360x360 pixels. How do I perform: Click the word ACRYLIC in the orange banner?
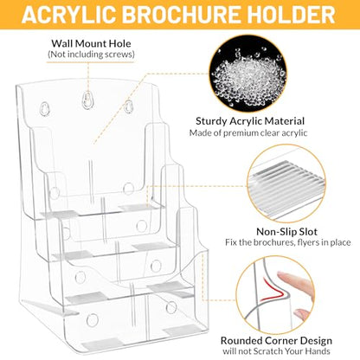pos(68,15)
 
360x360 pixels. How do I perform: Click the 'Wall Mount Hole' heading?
pos(91,43)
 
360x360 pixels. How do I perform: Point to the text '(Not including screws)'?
pos(91,55)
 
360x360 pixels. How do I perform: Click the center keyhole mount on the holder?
pos(87,100)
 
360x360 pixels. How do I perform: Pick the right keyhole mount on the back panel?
pos(128,106)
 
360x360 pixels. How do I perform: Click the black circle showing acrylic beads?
pos(247,74)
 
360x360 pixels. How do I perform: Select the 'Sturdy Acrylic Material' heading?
pos(250,121)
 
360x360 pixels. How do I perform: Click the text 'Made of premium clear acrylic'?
pos(248,133)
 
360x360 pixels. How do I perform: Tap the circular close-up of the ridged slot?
pos(286,183)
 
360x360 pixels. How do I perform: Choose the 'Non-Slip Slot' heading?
pos(286,232)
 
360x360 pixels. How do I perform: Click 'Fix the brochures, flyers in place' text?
pos(288,242)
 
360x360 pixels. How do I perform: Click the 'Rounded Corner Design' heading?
pos(276,341)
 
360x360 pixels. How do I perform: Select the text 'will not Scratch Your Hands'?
pos(276,351)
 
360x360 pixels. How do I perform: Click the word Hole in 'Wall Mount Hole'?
pos(119,43)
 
